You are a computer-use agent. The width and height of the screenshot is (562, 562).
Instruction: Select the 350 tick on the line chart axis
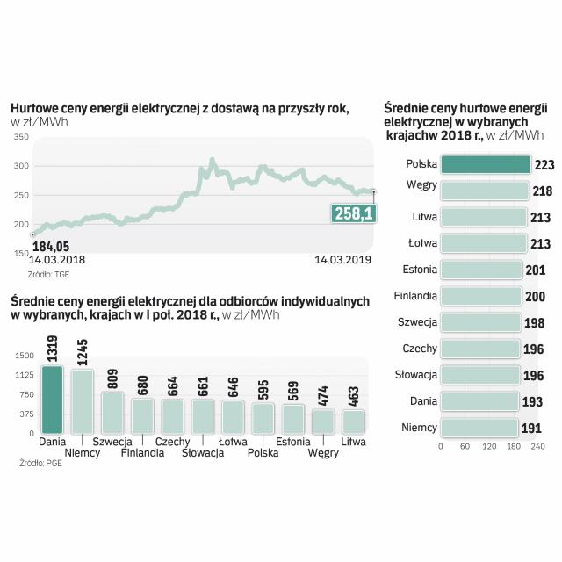[x=21, y=138]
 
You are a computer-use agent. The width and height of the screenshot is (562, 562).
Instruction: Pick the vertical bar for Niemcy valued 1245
[x=83, y=401]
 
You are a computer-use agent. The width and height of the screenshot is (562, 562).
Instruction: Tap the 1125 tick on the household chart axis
[x=23, y=375]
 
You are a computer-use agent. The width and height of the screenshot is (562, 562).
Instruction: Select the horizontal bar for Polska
[x=486, y=164]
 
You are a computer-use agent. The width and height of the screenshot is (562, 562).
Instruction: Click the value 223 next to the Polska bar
[x=544, y=165]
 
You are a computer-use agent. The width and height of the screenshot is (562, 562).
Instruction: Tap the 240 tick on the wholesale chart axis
[x=538, y=447]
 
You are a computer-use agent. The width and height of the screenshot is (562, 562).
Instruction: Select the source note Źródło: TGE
[x=49, y=274]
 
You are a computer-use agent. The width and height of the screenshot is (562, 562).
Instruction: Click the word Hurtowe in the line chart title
[x=36, y=108]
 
